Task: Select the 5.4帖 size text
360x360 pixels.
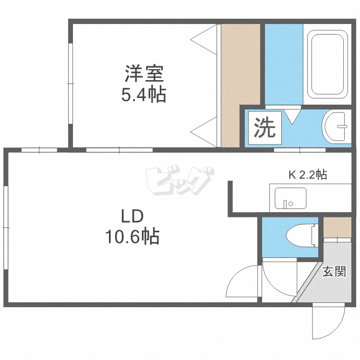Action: click(x=144, y=95)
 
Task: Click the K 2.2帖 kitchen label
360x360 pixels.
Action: click(x=307, y=175)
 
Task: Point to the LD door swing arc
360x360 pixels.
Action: click(x=242, y=284)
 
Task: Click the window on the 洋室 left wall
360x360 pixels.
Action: click(x=71, y=84)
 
